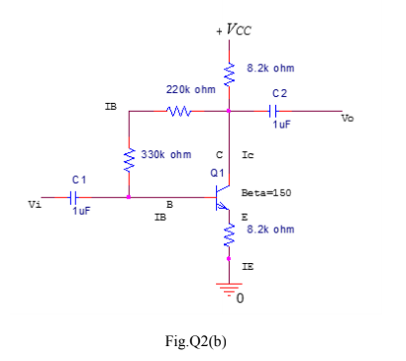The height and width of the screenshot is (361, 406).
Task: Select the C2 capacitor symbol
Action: (278, 111)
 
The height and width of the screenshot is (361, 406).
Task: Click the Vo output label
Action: (347, 118)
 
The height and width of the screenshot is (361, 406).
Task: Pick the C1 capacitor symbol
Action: (69, 197)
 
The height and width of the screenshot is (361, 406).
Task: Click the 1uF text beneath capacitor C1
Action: (81, 211)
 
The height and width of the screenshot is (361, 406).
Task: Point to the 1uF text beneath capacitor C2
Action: (282, 127)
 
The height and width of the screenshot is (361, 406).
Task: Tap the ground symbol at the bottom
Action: (230, 291)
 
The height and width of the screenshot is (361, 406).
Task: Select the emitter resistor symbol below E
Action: (230, 235)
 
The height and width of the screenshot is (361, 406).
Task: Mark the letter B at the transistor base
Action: (168, 205)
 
